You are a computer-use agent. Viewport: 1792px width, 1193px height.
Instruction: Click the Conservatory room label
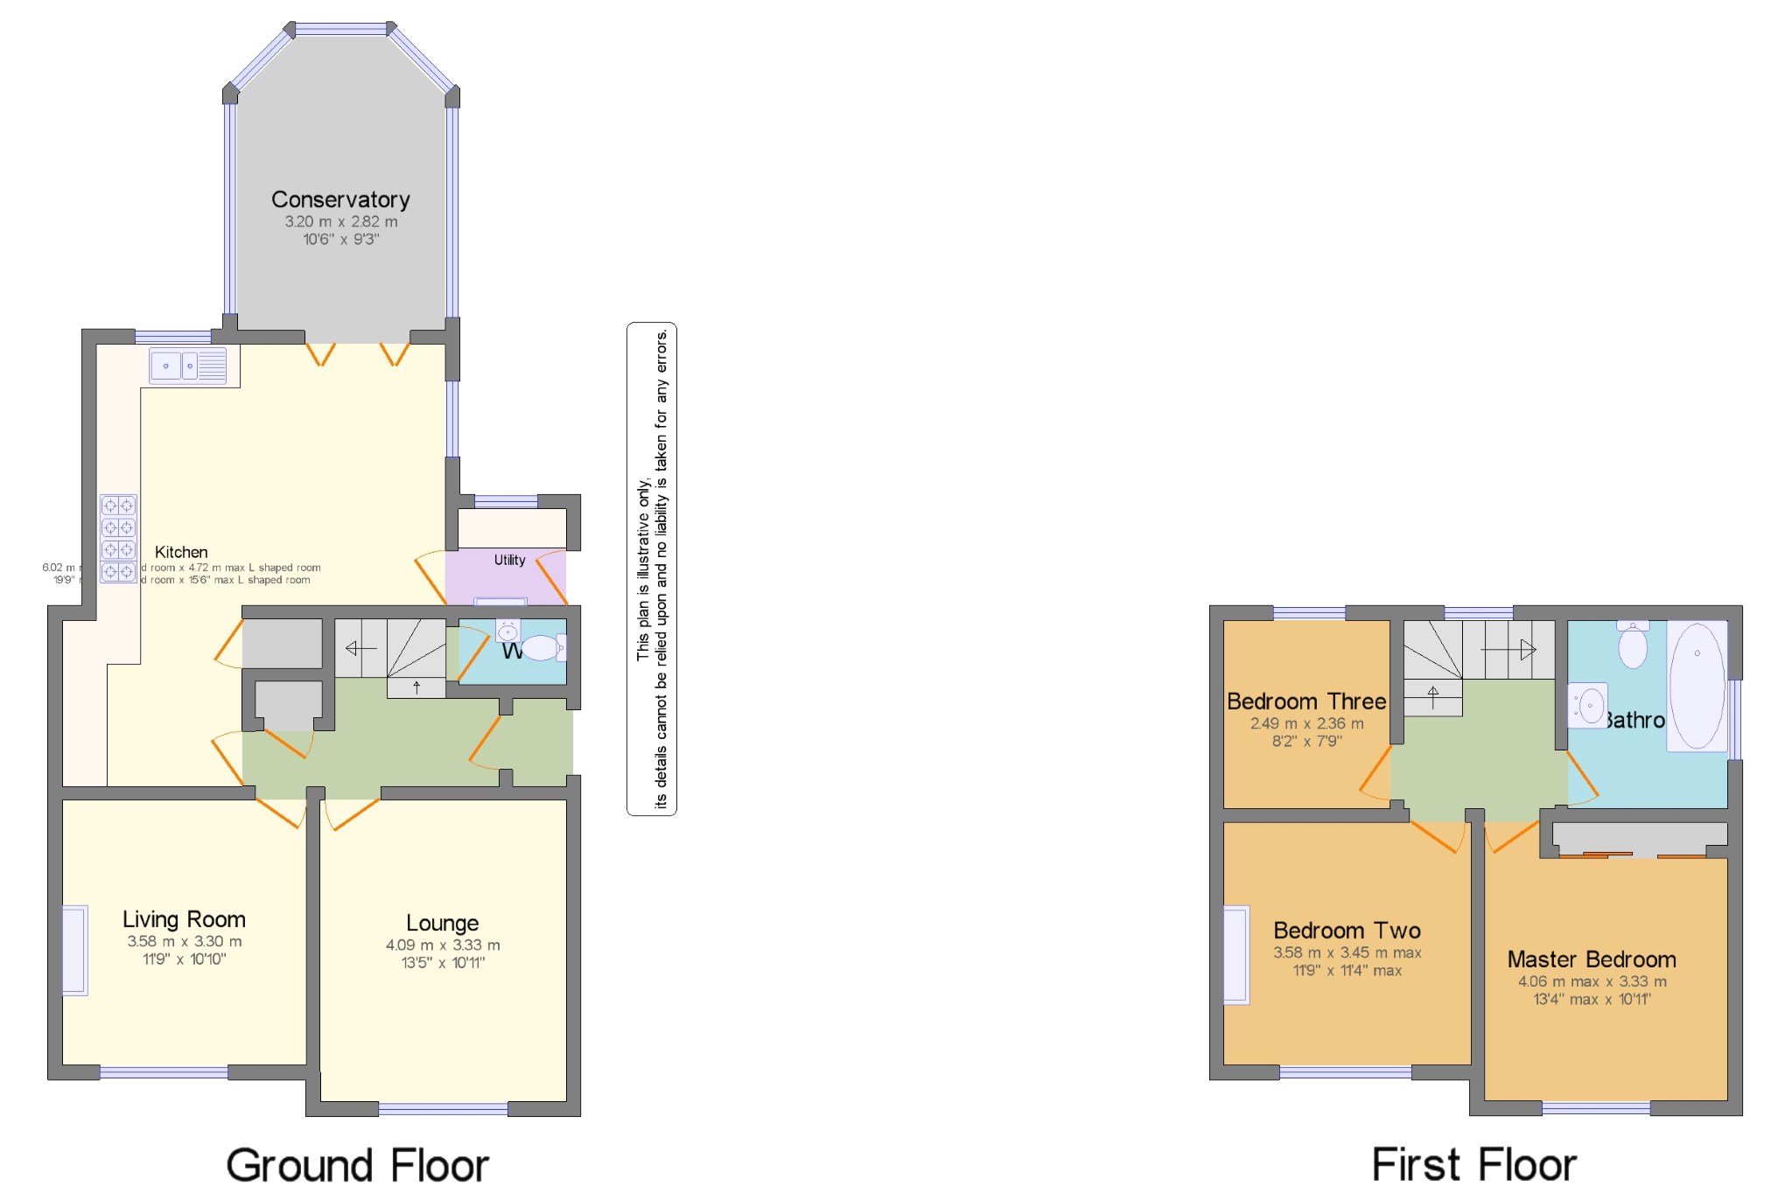pyautogui.click(x=340, y=199)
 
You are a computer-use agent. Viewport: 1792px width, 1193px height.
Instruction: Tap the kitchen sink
pyautogui.click(x=187, y=366)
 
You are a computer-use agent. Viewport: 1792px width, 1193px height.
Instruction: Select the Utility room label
pyautogui.click(x=509, y=560)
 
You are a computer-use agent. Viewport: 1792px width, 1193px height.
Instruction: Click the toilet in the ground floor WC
pyautogui.click(x=541, y=648)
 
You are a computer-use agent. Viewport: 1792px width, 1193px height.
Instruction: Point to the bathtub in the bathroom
pyautogui.click(x=1697, y=685)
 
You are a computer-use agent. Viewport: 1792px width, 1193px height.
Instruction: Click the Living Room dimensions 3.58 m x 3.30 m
pyautogui.click(x=184, y=941)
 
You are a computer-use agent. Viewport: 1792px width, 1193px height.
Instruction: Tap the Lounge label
pyautogui.click(x=442, y=923)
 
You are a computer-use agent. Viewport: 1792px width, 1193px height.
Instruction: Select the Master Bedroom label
pyautogui.click(x=1591, y=959)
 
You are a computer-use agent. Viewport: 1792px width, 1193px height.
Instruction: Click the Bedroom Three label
pyautogui.click(x=1305, y=701)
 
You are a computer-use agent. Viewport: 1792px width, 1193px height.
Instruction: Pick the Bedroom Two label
pyautogui.click(x=1346, y=931)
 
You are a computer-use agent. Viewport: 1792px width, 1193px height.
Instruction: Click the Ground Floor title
pyautogui.click(x=357, y=1165)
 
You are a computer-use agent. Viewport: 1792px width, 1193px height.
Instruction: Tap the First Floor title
pyautogui.click(x=1473, y=1165)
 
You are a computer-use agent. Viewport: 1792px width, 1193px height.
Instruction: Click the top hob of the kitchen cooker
pyautogui.click(x=118, y=506)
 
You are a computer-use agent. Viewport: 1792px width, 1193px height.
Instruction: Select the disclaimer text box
pyautogui.click(x=651, y=569)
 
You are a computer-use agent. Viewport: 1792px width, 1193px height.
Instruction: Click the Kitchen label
pyautogui.click(x=181, y=552)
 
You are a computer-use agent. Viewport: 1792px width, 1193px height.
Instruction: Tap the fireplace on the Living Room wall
pyautogui.click(x=75, y=950)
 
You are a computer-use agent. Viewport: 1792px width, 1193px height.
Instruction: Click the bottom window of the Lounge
pyautogui.click(x=443, y=1108)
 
